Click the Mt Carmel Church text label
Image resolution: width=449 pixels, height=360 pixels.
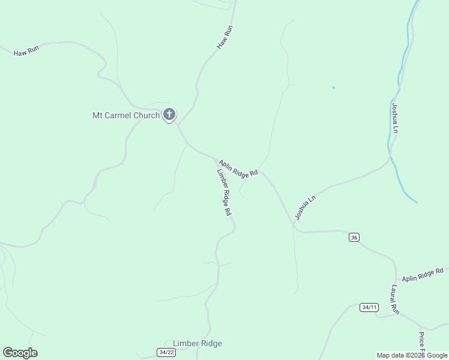pos(125,115)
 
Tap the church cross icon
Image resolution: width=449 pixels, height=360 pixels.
pos(169,114)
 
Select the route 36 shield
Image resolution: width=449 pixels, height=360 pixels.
pos(354,238)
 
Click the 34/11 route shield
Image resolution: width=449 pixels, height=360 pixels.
pos(370,307)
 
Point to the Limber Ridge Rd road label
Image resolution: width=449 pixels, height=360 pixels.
pos(224,192)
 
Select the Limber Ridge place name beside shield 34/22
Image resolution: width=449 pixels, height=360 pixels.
pos(197,343)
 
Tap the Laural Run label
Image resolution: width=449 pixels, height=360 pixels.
pos(395,299)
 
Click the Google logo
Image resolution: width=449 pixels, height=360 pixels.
pos(20,353)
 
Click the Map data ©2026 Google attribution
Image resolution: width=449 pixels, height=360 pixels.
pos(412,355)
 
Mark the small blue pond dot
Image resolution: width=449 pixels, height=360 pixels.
pos(333,88)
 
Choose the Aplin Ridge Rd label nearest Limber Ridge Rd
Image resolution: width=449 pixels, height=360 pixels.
pos(238,167)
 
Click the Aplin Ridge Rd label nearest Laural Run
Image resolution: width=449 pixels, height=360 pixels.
pos(423,275)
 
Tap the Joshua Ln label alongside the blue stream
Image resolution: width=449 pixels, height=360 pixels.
pos(395,118)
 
